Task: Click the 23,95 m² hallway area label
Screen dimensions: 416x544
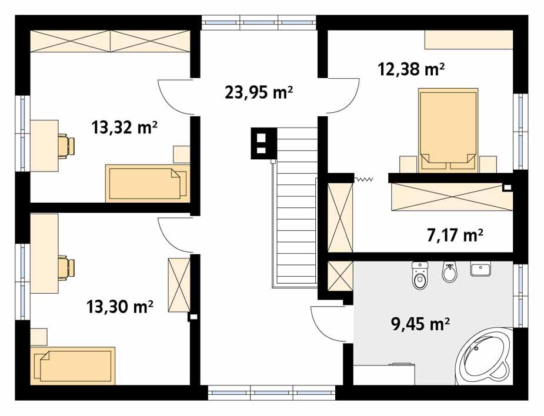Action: pyautogui.click(x=259, y=92)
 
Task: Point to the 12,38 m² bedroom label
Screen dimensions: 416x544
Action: pyautogui.click(x=410, y=69)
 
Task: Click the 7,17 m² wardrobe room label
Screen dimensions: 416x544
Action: pyautogui.click(x=455, y=236)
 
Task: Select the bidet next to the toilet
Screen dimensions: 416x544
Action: pyautogui.click(x=449, y=272)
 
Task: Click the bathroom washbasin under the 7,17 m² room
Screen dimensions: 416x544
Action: pyautogui.click(x=480, y=270)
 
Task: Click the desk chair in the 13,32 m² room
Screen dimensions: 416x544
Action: pyautogui.click(x=66, y=146)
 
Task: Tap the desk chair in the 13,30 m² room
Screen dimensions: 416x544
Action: pyautogui.click(x=66, y=268)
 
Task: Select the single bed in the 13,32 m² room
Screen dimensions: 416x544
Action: pyautogui.click(x=147, y=183)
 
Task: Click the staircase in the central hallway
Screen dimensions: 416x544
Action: pyautogui.click(x=295, y=206)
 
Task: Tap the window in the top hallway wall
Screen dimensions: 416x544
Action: pyautogui.click(x=259, y=24)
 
